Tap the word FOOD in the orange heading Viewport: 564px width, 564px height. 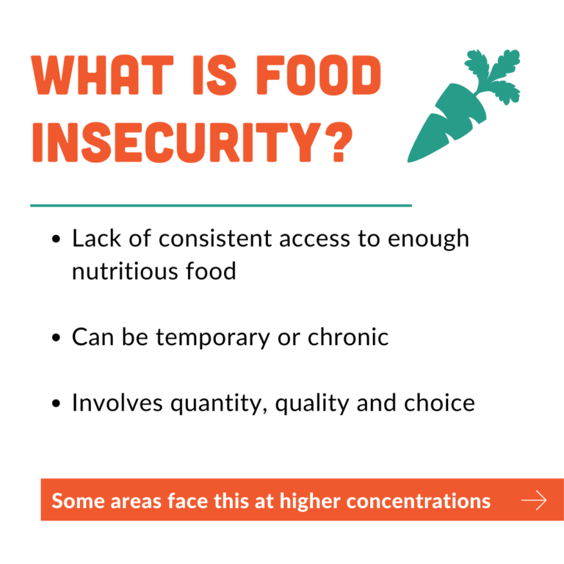coord(318,75)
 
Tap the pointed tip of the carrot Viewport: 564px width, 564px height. coord(409,160)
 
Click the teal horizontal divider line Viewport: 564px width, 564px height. coord(221,206)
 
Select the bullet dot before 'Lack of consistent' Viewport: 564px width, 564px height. coord(56,239)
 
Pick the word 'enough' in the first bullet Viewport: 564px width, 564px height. coord(428,239)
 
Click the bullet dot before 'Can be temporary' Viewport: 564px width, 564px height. coord(56,337)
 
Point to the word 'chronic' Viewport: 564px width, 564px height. coord(348,337)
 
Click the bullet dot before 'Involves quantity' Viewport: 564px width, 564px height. coord(56,403)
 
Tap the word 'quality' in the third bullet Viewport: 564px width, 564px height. coord(312,404)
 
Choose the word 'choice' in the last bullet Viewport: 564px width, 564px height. coord(439,403)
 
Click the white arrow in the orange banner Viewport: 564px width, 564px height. coord(534,500)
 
